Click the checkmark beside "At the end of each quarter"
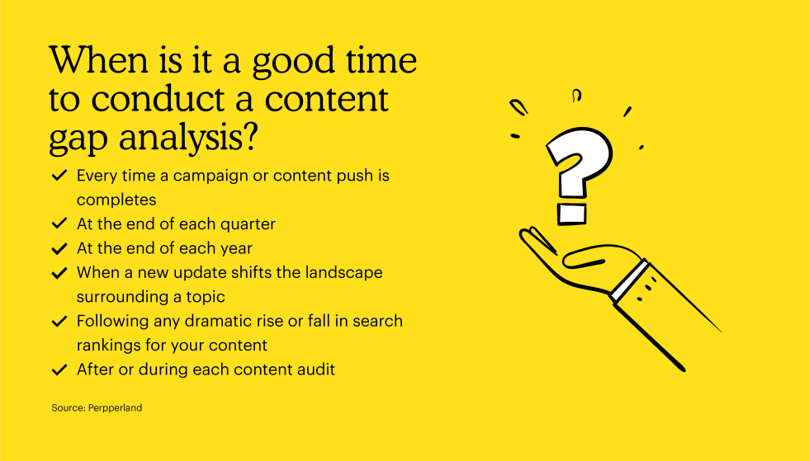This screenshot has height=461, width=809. click(59, 223)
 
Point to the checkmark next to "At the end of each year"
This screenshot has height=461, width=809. click(59, 248)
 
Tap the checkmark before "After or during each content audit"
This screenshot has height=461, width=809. click(59, 369)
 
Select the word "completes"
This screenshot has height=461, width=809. click(116, 200)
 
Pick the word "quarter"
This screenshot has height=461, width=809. click(248, 224)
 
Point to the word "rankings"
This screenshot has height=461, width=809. click(108, 346)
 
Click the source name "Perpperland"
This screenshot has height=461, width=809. click(115, 408)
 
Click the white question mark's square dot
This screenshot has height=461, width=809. click(571, 214)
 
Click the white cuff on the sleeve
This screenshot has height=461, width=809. click(629, 280)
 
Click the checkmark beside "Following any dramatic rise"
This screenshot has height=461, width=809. click(59, 322)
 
